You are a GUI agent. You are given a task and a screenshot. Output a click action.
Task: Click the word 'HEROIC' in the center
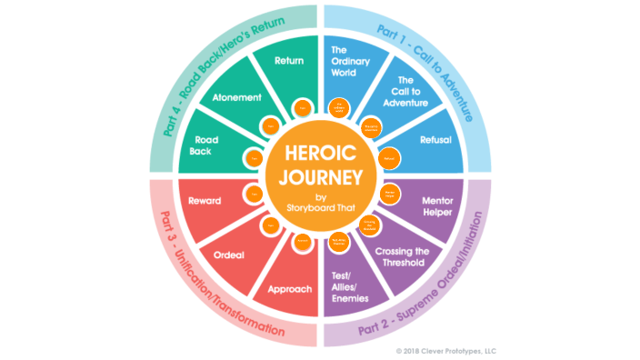coord(320,155)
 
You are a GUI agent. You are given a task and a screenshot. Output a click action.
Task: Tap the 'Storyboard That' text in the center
coord(320,204)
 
